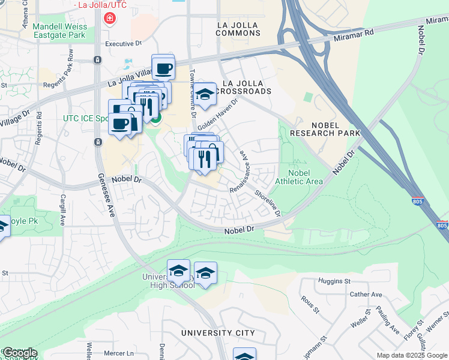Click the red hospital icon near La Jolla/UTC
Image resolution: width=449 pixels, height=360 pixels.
(109, 19)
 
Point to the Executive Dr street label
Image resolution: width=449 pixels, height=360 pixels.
(122, 44)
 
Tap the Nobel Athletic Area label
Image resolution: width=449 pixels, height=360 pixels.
(299, 177)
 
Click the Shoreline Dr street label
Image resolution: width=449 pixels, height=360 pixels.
(268, 204)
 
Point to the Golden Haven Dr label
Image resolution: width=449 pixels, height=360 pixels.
(218, 113)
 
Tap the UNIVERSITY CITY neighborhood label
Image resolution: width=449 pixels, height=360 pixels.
(218, 333)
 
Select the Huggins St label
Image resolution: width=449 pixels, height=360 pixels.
(334, 281)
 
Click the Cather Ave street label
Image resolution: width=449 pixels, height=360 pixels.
(366, 295)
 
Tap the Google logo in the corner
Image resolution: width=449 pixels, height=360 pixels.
(20, 352)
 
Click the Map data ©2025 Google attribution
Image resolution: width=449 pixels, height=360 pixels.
(411, 355)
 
